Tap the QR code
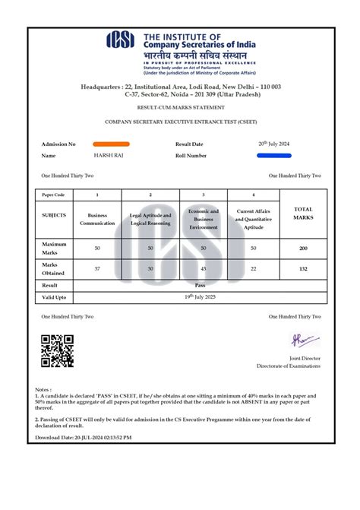click(x=57, y=351)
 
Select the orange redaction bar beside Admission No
click(x=111, y=144)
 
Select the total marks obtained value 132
click(x=303, y=268)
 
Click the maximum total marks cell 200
click(x=303, y=248)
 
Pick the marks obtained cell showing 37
click(x=97, y=268)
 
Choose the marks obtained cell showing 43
click(x=204, y=268)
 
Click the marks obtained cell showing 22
click(x=254, y=268)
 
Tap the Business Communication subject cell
click(x=97, y=219)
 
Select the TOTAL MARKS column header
click(x=303, y=214)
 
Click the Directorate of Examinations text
click(x=288, y=366)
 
